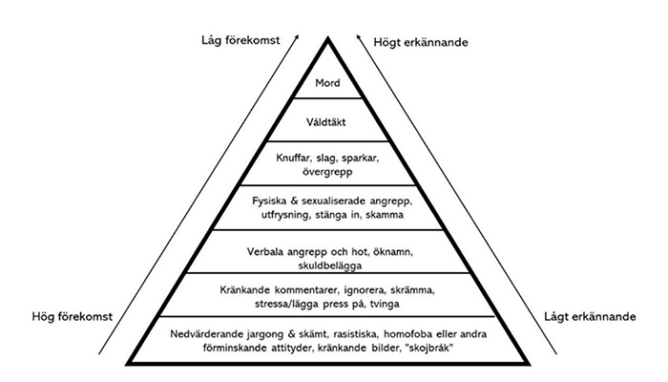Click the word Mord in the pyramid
click(x=327, y=83)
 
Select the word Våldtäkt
click(x=326, y=122)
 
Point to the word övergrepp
click(x=327, y=172)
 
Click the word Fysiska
click(x=269, y=201)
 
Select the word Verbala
click(x=265, y=251)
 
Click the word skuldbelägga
click(x=330, y=265)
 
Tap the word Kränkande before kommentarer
click(x=245, y=290)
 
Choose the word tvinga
click(x=385, y=304)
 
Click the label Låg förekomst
click(x=240, y=40)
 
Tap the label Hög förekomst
click(x=72, y=317)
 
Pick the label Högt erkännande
click(x=421, y=42)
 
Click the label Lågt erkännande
click(x=590, y=317)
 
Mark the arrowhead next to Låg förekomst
click(x=297, y=37)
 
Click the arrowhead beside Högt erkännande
click(x=359, y=37)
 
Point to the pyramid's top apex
click(x=327, y=37)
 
